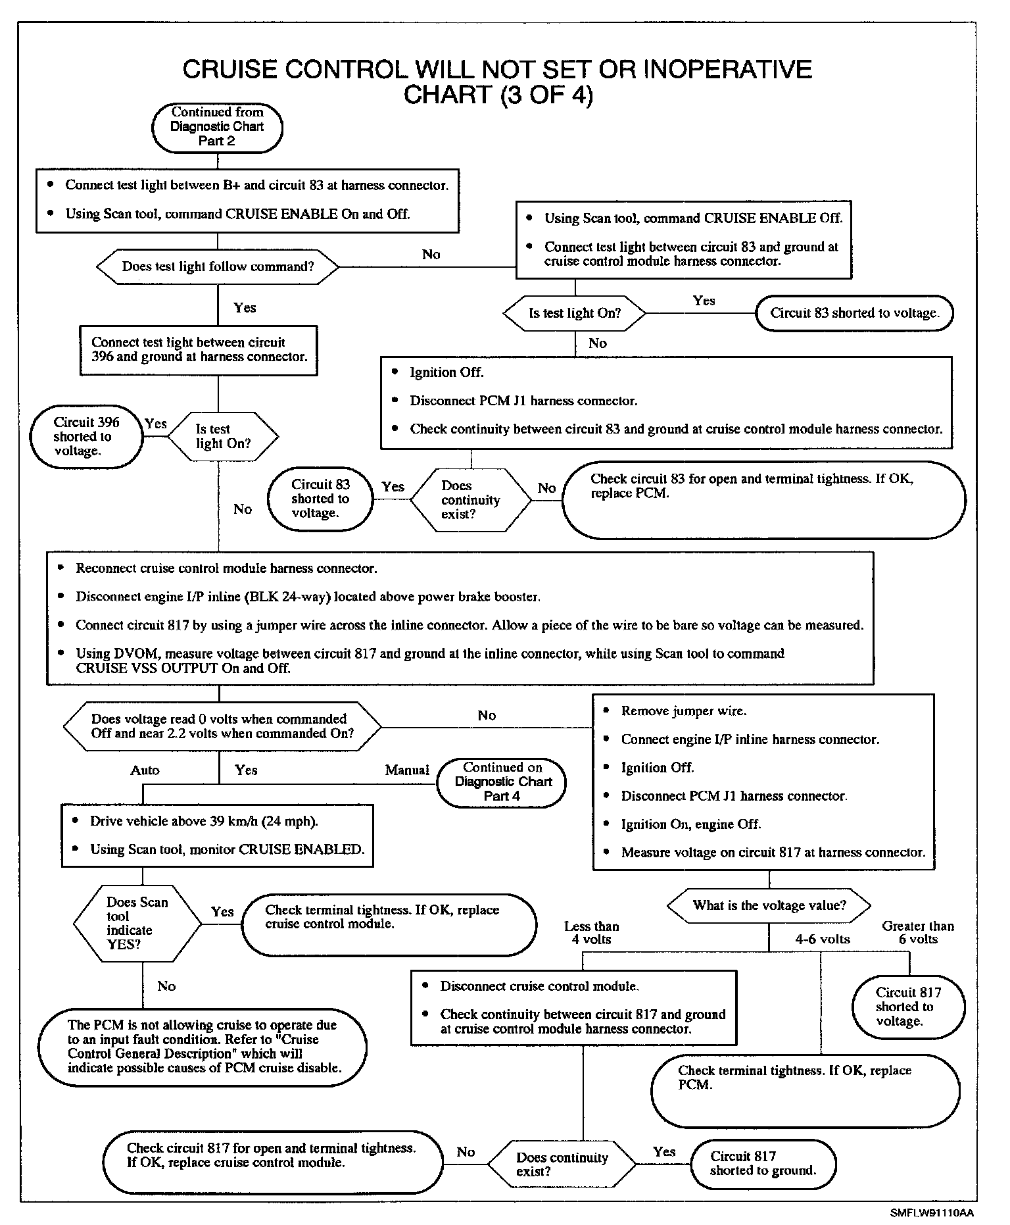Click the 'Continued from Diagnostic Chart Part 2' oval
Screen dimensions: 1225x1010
217,127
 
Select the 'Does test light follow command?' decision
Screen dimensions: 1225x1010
218,266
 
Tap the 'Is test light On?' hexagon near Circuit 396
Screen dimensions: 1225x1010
223,436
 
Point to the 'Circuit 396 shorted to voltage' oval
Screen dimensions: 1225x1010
86,437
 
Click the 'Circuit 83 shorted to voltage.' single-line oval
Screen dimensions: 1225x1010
854,313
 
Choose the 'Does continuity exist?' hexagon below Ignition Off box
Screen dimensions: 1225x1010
470,500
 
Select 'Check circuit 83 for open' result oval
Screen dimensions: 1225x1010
763,499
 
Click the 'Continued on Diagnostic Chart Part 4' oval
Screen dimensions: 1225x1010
502,782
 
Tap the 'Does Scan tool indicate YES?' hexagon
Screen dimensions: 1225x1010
137,923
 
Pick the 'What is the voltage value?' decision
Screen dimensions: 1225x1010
768,905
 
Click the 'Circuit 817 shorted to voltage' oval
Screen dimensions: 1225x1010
908,1007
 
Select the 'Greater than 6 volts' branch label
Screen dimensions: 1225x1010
918,932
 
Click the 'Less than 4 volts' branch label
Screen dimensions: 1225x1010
591,932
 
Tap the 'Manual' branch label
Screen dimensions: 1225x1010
407,770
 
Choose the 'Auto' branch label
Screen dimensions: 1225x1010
145,770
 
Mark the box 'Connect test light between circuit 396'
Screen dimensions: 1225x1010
199,350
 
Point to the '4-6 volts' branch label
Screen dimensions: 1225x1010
823,939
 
